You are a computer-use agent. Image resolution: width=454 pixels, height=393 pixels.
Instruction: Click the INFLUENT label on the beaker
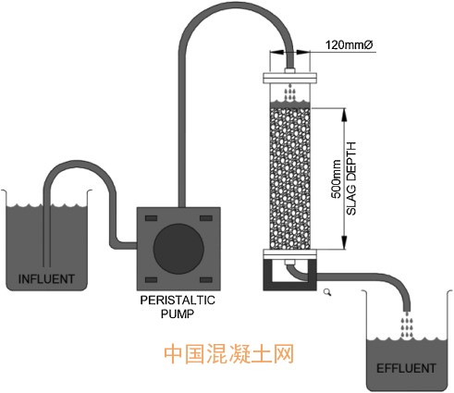tap(46, 279)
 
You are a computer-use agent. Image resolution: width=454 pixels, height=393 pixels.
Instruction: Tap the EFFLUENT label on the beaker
tap(406, 368)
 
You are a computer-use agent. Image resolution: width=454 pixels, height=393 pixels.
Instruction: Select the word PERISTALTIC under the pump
tap(178, 300)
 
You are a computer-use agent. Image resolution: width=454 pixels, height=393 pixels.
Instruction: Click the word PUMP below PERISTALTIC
tap(178, 313)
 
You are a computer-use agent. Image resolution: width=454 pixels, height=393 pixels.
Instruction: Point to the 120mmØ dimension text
tap(350, 45)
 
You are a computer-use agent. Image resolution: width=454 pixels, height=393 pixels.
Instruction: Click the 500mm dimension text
tap(336, 179)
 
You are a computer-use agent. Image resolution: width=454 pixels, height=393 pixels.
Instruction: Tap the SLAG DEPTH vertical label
tap(351, 178)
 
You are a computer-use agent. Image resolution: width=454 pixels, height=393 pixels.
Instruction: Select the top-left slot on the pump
tap(151, 218)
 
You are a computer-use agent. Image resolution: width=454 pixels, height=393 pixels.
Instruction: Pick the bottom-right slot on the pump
tap(206, 280)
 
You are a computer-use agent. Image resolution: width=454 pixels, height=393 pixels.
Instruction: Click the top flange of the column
tap(289, 78)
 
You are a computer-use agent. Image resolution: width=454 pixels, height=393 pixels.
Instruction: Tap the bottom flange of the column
tap(289, 254)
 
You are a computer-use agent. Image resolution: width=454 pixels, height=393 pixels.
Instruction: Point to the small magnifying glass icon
tap(327, 292)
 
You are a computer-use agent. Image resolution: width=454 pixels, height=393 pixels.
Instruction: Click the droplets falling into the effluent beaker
tap(407, 325)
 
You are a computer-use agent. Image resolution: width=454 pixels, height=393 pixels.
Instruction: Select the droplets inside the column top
tap(289, 92)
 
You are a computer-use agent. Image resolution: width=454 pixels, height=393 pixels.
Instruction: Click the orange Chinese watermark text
tap(228, 354)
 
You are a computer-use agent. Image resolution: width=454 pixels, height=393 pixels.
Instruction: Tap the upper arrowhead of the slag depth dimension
tap(344, 114)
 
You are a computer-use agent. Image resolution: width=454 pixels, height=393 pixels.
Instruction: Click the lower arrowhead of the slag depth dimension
tap(344, 242)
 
